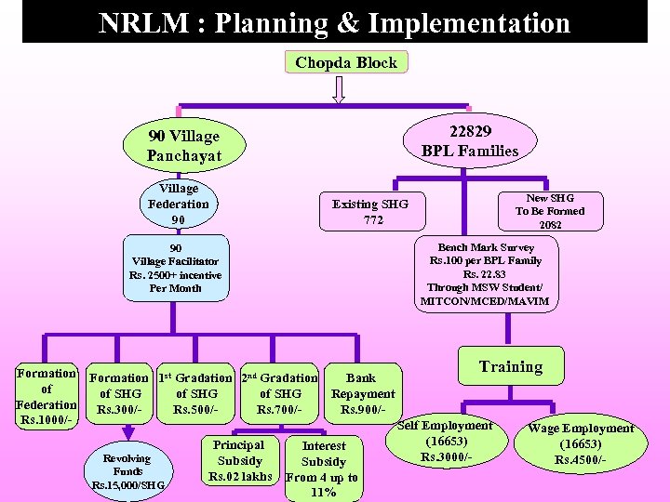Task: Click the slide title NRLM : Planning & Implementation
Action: [334, 21]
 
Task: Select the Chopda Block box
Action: [345, 63]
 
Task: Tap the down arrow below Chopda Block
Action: [339, 89]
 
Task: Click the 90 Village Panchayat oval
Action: [183, 146]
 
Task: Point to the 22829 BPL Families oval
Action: [469, 141]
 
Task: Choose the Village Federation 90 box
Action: [179, 204]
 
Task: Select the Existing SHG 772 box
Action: [369, 212]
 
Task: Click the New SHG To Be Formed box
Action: [550, 211]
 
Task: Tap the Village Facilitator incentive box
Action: [176, 269]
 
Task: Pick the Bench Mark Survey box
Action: [485, 275]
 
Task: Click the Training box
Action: [510, 367]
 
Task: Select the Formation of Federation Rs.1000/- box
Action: [47, 398]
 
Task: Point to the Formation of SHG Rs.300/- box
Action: [118, 394]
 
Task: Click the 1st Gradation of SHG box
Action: [195, 394]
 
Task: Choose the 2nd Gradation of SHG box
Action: [279, 394]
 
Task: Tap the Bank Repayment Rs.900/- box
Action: [362, 394]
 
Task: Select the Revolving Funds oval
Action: [127, 472]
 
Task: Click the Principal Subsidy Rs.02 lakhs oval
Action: [239, 461]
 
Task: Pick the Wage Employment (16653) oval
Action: [580, 444]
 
